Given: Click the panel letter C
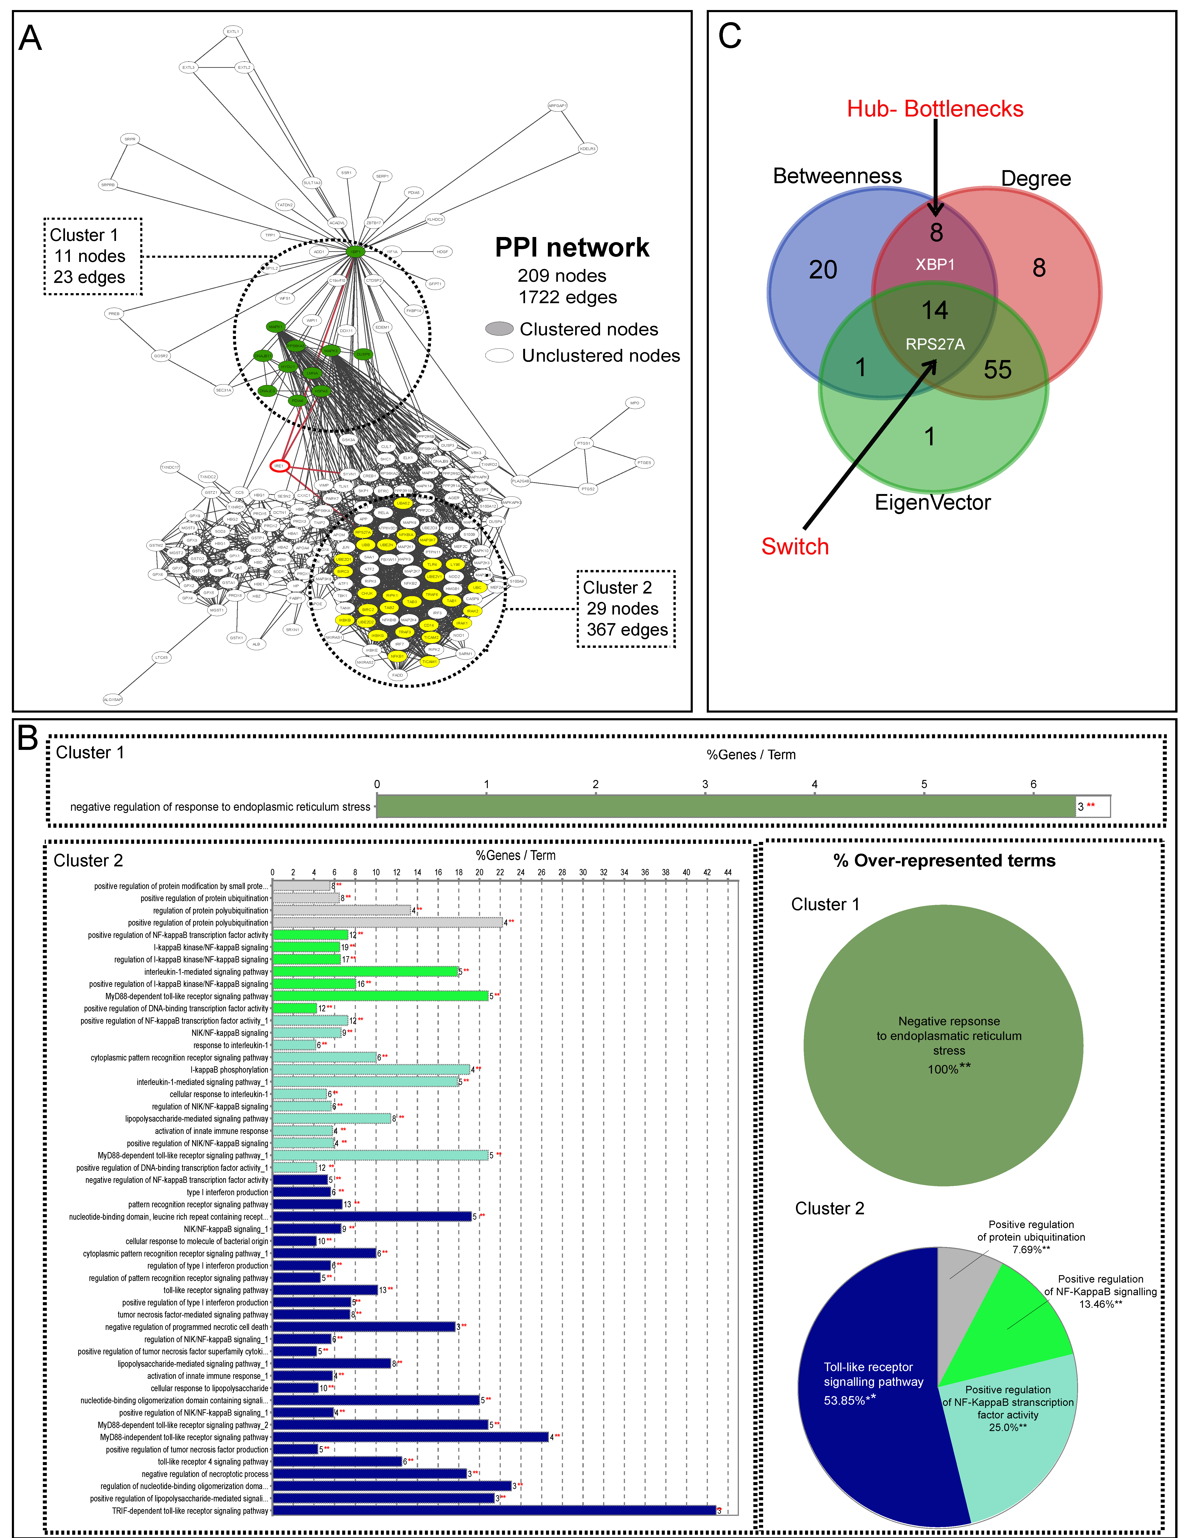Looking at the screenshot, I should (x=730, y=36).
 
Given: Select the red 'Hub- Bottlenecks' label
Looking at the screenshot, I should (x=935, y=109).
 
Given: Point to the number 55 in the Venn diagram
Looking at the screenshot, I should (x=997, y=370).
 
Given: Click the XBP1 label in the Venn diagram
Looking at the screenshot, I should (x=935, y=265).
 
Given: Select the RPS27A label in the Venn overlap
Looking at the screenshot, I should (x=935, y=344).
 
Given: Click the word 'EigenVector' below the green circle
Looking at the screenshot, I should (x=932, y=502).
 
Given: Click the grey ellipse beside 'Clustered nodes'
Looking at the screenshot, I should (x=499, y=329).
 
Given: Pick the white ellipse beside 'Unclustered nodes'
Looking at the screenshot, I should (x=499, y=356).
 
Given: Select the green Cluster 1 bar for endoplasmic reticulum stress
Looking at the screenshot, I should (x=725, y=806).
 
